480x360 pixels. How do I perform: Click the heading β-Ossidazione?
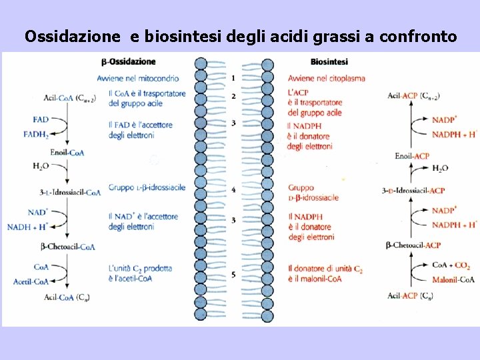click(128, 62)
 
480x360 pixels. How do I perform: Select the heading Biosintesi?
click(329, 62)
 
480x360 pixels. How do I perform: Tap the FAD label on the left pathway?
click(40, 119)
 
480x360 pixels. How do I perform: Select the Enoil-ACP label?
click(412, 156)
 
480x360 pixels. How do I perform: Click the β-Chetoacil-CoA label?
click(68, 247)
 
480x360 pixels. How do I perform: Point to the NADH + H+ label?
click(28, 227)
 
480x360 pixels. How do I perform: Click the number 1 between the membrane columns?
click(233, 78)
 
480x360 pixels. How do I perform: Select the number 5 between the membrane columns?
click(233, 274)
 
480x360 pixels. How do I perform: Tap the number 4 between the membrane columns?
click(233, 190)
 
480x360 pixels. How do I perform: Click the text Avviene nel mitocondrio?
click(137, 78)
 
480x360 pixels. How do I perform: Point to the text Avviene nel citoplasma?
click(327, 78)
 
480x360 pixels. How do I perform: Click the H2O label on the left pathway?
click(41, 166)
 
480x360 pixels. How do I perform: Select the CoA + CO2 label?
click(451, 265)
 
